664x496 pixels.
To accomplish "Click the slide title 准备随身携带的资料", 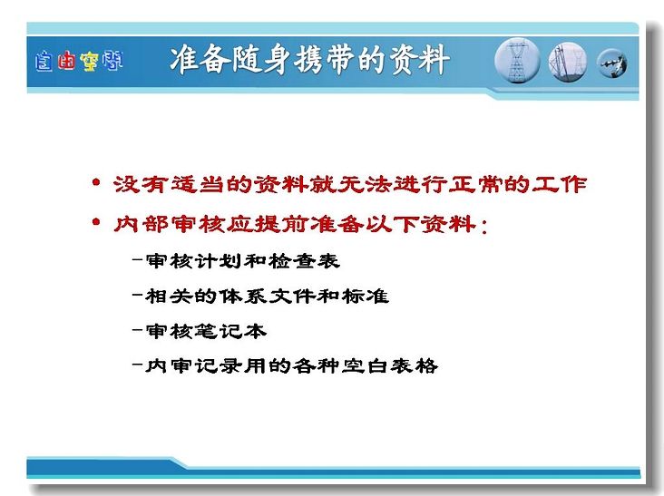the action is (x=309, y=60).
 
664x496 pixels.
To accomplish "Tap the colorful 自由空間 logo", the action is (x=79, y=61).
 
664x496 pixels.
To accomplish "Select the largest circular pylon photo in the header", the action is (x=517, y=61).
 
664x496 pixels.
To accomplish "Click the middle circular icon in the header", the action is (x=568, y=62).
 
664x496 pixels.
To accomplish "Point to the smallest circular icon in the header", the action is (x=611, y=63).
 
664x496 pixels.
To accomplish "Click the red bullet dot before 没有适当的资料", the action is (x=96, y=183).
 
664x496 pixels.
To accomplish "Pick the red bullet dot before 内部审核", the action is (x=96, y=222).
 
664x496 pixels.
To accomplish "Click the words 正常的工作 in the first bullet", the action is (x=517, y=184).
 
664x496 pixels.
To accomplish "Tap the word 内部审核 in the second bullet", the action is (x=169, y=223).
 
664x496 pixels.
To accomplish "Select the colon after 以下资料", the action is (x=484, y=226).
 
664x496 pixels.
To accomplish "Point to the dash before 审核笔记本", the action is (x=137, y=330).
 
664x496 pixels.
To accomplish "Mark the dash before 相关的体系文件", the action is (x=137, y=295).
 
